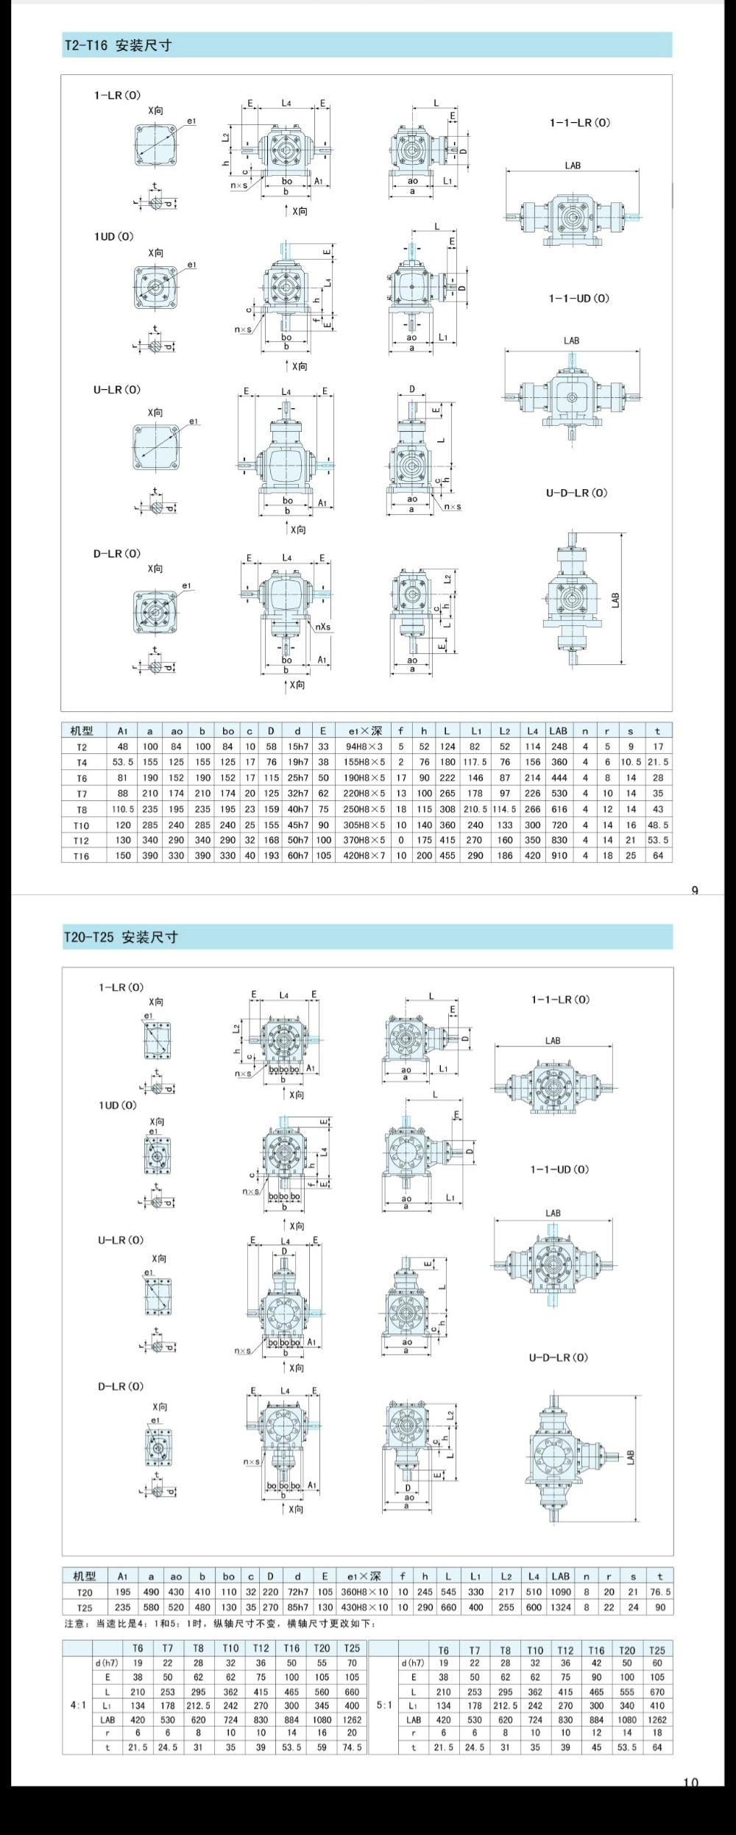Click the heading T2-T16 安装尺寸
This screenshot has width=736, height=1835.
coord(118,46)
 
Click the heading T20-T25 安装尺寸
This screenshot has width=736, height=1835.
coord(121,937)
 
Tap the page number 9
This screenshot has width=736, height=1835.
coord(694,891)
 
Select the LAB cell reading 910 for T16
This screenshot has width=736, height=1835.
coord(559,855)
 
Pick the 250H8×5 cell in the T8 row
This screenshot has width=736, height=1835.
coord(365,809)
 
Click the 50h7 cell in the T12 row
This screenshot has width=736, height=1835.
coord(298,840)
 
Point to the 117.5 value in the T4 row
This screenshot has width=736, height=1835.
coord(475,762)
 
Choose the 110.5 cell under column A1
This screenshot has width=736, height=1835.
coord(123,809)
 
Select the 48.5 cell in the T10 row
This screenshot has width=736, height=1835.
coord(658,824)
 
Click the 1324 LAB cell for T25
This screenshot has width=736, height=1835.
coord(561,1607)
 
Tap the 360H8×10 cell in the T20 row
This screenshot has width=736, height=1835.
coord(365,1592)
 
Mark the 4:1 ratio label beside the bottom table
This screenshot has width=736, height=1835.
coord(78,1705)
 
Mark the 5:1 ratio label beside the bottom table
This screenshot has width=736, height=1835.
coord(383,1705)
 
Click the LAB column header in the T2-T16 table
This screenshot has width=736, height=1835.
coord(559,731)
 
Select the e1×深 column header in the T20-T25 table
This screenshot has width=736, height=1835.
coord(365,1576)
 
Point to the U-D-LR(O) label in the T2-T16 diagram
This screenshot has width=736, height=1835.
coord(576,493)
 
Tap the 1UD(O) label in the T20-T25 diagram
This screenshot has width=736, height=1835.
coord(118,1105)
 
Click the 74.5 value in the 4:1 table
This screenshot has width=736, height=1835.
coord(352,1747)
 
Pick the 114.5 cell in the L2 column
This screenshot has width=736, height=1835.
coord(504,809)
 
